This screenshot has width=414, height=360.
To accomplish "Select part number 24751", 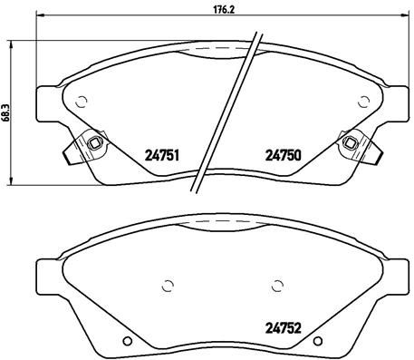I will pos(160,155).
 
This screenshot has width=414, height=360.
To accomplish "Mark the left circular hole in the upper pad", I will pos(81,101).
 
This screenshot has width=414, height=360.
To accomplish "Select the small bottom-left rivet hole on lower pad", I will pos(127,342).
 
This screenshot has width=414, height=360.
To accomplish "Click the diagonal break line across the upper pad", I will pos(226,109).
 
